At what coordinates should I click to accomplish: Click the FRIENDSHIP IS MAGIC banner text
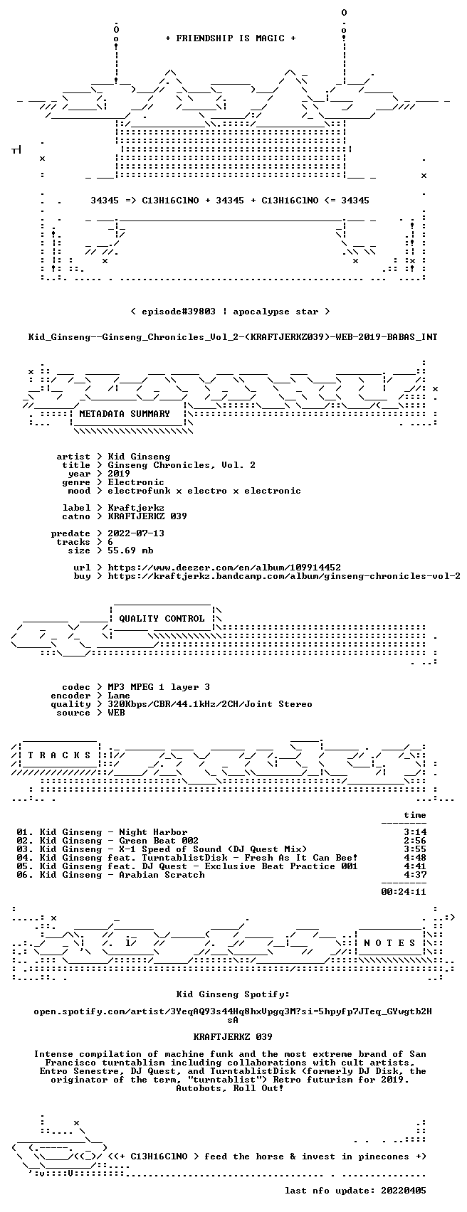click(x=230, y=38)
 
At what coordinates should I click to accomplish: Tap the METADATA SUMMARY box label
click(x=125, y=414)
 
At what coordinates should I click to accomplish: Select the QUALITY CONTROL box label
click(x=162, y=619)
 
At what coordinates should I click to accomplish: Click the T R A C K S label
click(x=60, y=755)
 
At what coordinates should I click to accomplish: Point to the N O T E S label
click(x=389, y=943)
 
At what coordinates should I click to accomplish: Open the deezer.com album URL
click(x=224, y=568)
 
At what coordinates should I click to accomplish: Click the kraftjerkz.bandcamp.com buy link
click(x=284, y=576)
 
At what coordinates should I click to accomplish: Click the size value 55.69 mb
click(x=130, y=551)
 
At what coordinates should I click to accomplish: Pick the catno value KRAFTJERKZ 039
click(x=147, y=516)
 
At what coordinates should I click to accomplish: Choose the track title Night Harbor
click(x=153, y=832)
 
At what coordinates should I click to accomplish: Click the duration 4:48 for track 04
click(x=415, y=858)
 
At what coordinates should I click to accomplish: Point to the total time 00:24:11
click(x=404, y=892)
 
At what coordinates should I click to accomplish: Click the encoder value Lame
click(x=119, y=696)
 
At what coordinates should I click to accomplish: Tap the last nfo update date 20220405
click(x=404, y=1191)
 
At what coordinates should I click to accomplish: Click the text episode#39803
click(x=179, y=312)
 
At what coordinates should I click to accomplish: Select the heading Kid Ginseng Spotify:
click(x=233, y=994)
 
